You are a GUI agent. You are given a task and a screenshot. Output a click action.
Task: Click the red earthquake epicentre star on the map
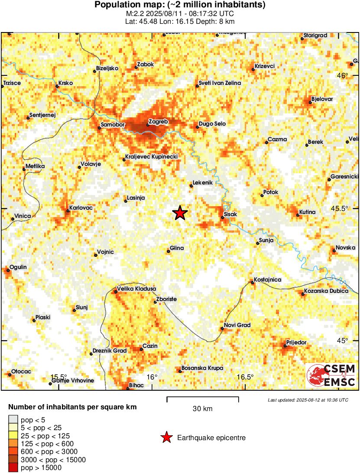(180, 213)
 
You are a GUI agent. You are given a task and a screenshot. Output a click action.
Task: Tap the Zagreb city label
(158, 122)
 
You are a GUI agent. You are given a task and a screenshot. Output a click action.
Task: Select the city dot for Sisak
(223, 217)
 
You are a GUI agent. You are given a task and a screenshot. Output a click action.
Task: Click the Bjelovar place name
(322, 99)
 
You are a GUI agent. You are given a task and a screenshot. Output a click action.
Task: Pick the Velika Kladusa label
(136, 289)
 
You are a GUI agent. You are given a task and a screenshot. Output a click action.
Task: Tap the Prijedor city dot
(285, 346)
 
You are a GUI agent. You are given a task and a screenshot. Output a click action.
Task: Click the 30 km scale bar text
(202, 409)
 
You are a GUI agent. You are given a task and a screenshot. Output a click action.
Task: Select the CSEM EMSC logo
(331, 376)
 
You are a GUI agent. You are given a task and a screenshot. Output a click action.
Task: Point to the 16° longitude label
(152, 377)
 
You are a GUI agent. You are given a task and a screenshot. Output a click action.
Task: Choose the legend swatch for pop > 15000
(13, 467)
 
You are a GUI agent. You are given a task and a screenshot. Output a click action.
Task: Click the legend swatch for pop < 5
(13, 420)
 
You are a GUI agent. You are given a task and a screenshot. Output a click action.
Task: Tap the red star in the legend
(166, 438)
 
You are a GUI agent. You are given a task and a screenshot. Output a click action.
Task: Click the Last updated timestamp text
(308, 400)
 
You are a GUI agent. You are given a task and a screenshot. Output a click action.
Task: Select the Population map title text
(180, 5)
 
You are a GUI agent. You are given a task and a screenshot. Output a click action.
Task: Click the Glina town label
(177, 248)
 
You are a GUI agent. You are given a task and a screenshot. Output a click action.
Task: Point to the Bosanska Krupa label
(202, 368)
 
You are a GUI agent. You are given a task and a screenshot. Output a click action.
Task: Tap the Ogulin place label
(18, 267)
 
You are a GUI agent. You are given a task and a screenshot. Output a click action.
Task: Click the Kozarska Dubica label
(326, 291)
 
